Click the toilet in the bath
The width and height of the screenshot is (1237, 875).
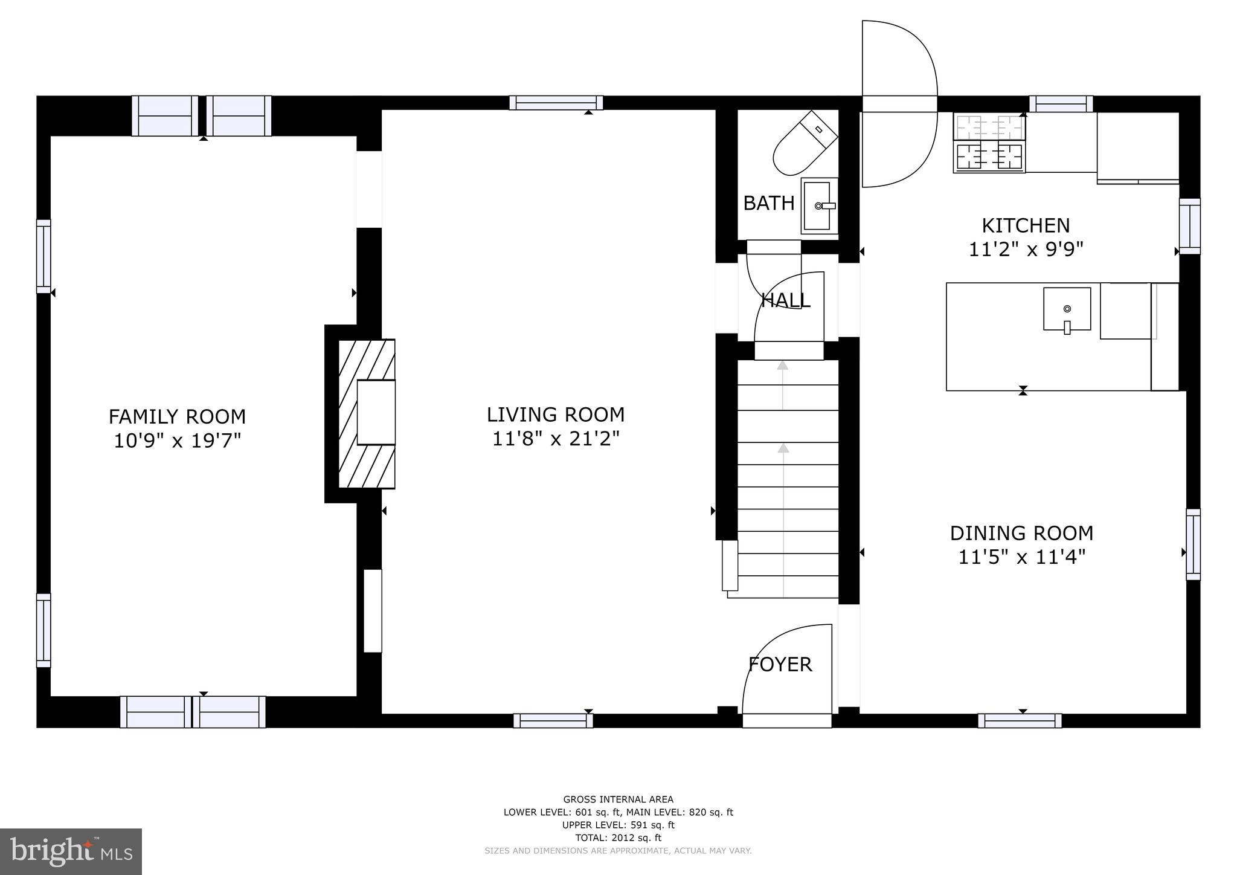(x=805, y=144)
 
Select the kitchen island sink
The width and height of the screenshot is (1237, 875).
(x=1067, y=309)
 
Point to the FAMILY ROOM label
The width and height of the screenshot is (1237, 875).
(x=177, y=417)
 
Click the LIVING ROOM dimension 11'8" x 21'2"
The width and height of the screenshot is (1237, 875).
(x=556, y=439)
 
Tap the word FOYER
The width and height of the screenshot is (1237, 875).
(x=780, y=665)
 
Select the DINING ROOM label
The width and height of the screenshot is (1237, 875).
(x=1021, y=533)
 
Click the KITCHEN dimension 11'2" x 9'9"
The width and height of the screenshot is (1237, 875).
(x=1026, y=250)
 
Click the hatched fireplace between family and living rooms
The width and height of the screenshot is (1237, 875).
(x=366, y=413)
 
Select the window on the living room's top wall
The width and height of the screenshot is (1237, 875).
(x=556, y=103)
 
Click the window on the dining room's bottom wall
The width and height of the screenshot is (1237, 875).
(x=1020, y=720)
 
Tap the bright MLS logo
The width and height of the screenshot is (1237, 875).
(x=71, y=851)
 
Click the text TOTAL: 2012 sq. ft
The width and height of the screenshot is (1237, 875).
(x=618, y=838)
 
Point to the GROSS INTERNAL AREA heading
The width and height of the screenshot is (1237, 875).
(x=618, y=799)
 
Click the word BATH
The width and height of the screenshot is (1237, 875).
(x=768, y=204)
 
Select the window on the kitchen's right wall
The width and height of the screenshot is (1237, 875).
(x=1189, y=226)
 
